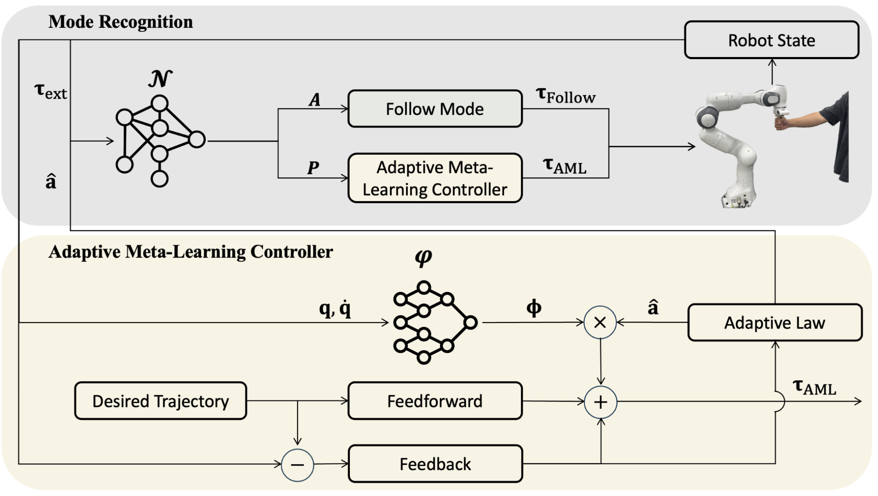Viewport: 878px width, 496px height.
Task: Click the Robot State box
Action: click(x=771, y=40)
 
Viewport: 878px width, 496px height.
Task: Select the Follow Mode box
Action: click(x=435, y=109)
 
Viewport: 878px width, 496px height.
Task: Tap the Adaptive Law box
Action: click(x=775, y=322)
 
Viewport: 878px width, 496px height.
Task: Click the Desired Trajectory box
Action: click(x=160, y=401)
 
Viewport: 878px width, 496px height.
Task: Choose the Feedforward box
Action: click(x=435, y=401)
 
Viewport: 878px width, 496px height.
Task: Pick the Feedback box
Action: click(x=435, y=464)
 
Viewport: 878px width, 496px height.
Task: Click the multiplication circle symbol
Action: click(x=600, y=322)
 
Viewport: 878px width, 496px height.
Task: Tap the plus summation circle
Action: click(x=601, y=402)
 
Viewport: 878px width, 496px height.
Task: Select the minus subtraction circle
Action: click(x=297, y=465)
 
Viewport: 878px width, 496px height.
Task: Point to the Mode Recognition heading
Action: click(x=120, y=22)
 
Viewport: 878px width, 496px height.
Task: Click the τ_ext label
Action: click(x=51, y=91)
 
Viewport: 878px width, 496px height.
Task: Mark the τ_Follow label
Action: click(x=565, y=96)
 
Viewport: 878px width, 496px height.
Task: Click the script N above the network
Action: click(x=160, y=79)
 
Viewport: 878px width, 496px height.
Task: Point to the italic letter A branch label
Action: click(x=315, y=100)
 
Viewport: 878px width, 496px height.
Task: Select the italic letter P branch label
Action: click(x=313, y=168)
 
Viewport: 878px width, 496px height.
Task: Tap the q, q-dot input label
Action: click(x=335, y=308)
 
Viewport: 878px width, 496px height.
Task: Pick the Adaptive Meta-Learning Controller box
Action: click(x=435, y=178)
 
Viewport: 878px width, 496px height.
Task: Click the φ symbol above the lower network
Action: click(x=424, y=257)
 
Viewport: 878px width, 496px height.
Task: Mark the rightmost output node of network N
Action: click(x=197, y=140)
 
